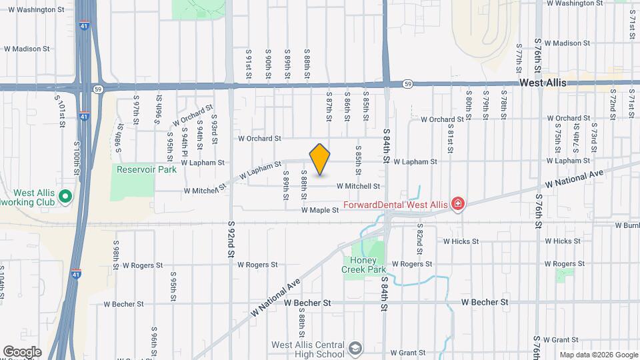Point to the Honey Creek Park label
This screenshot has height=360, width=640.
tap(364, 265)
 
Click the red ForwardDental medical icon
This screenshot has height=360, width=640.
tap(457, 203)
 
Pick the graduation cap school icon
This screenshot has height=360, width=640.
tap(356, 347)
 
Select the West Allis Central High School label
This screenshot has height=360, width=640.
tap(308, 349)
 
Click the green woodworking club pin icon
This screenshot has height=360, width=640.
tap(65, 196)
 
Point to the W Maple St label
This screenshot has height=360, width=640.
tap(320, 210)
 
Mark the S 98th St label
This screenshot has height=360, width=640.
tap(116, 257)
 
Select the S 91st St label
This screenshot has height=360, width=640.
tap(248, 65)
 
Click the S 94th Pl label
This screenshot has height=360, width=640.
tap(181, 137)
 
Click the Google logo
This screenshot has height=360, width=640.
tap(22, 351)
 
